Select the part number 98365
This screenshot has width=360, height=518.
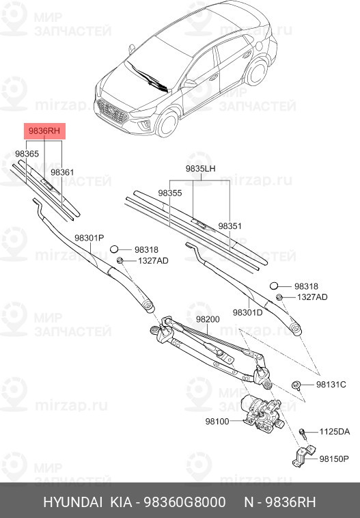click(27, 154)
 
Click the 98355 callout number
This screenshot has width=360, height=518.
click(170, 193)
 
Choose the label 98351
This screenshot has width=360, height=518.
click(230, 226)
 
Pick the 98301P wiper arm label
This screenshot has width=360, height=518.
click(89, 237)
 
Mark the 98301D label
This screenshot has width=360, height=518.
click(247, 312)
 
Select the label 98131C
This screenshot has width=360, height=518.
click(331, 385)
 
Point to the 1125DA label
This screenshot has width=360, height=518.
click(335, 432)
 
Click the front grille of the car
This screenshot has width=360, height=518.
click(112, 111)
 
